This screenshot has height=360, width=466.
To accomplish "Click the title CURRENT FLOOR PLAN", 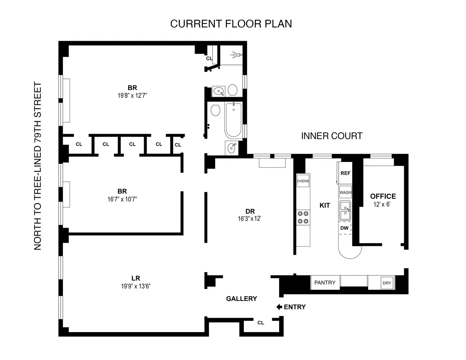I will pos(231,24).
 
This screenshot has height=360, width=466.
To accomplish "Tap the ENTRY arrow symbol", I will pos(279,307).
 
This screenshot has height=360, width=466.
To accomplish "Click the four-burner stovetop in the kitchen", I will pos(303,217).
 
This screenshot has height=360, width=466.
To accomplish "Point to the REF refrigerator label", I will pos(345,173).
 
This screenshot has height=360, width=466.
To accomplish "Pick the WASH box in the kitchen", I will pos(345,192).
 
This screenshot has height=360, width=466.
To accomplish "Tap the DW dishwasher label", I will pos(344,228).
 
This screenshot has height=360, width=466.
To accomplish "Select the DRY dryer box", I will pos(387,283).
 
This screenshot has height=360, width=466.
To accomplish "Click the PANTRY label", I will pos(325,282).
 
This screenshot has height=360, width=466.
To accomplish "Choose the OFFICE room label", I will pos(383,196).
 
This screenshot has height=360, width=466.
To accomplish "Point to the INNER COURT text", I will pos(332,136).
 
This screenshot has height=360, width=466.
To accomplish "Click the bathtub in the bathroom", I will pos(233,120).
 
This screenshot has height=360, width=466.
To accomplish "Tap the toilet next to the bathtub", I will pos(215,111).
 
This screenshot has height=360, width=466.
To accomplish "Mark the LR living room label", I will pos(136,278).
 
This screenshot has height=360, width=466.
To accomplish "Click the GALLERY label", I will pos(242,299).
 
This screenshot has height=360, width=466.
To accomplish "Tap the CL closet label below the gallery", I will pos(261,322).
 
